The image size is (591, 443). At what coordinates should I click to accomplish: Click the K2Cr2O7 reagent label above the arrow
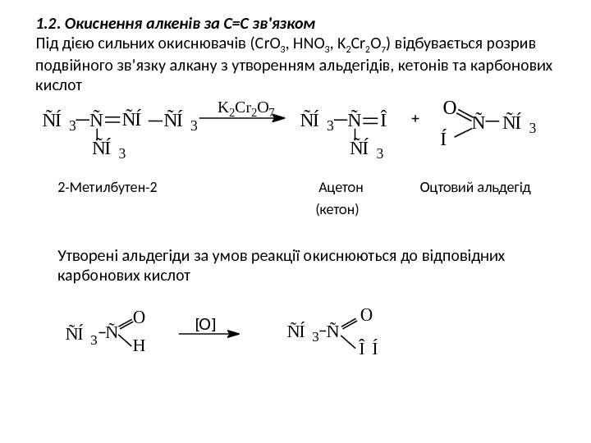(x=245, y=107)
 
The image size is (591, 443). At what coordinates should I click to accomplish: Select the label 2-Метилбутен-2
(x=110, y=188)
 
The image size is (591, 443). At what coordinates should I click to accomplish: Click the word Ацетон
(x=339, y=188)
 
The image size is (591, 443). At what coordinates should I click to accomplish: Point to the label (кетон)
(x=337, y=210)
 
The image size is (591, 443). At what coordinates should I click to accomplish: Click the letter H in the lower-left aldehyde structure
(x=138, y=345)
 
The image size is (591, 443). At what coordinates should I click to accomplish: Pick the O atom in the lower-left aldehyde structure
(x=138, y=316)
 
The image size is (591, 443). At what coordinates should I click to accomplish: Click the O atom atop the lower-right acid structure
(x=365, y=313)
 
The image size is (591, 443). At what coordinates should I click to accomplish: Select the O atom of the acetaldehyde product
(x=449, y=107)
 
